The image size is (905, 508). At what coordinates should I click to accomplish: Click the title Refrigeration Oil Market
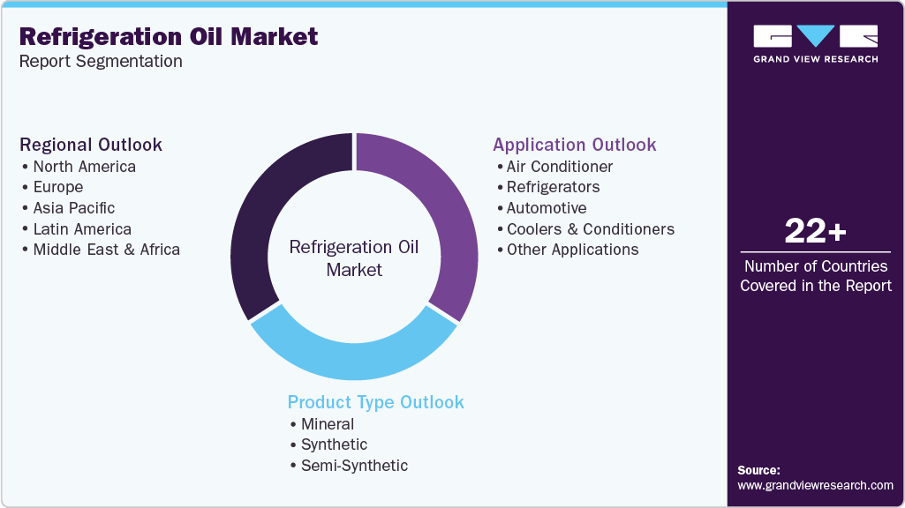[x=169, y=37]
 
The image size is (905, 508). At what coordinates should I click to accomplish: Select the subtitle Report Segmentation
[x=101, y=62]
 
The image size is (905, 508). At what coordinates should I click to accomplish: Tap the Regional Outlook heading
[x=91, y=145]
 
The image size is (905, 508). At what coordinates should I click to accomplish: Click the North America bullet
[x=84, y=167]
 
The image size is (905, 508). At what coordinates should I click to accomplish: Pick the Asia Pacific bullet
[x=73, y=208]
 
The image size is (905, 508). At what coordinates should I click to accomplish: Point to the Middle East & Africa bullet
[x=106, y=250]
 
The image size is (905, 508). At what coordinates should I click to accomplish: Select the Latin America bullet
[x=82, y=229]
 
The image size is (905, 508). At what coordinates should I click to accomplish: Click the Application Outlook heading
[x=575, y=145]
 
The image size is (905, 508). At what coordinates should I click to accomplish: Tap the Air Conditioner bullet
[x=559, y=167]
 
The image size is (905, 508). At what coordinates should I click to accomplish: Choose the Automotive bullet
[x=546, y=208]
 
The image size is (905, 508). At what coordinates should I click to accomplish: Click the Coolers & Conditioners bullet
[x=590, y=229]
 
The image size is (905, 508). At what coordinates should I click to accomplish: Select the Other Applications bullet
[x=572, y=250]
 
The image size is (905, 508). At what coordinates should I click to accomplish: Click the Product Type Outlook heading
[x=375, y=402]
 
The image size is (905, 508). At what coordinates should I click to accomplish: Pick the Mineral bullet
[x=327, y=424]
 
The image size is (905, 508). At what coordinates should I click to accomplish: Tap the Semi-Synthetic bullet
[x=354, y=466]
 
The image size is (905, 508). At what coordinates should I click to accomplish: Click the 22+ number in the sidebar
[x=815, y=232]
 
